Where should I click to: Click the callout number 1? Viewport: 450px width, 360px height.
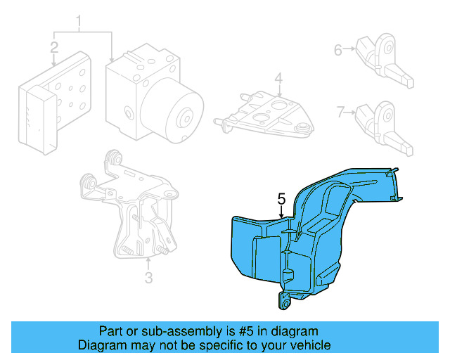tap(79, 22)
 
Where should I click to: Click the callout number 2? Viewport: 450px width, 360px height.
tap(54, 48)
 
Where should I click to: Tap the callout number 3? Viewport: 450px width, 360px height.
tap(148, 278)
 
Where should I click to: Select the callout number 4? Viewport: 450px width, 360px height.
tap(278, 77)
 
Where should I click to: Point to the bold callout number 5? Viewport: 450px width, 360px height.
tap(281, 200)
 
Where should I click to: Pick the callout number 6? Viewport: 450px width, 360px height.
tap(337, 50)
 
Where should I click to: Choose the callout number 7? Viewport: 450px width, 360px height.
tap(340, 112)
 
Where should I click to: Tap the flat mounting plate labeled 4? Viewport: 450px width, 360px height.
tap(267, 112)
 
